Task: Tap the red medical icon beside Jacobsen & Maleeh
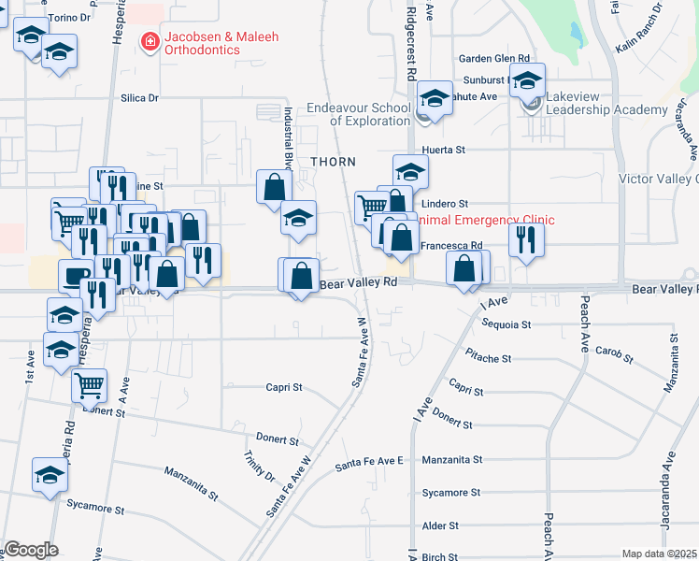[150, 40]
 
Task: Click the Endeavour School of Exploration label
[359, 114]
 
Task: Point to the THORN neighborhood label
[334, 162]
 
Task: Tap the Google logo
[30, 550]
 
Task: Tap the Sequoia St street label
[506, 324]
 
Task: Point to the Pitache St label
[488, 358]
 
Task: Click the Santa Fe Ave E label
[369, 463]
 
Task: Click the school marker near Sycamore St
[50, 474]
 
